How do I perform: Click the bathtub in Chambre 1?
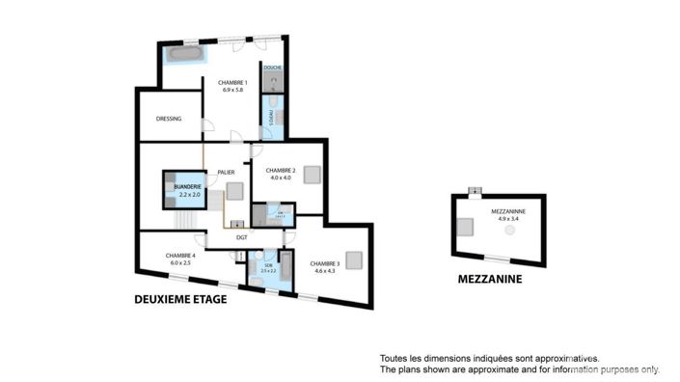pyautogui.click(x=183, y=54)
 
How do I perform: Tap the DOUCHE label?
pyautogui.click(x=272, y=68)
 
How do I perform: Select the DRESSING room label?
pyautogui.click(x=169, y=120)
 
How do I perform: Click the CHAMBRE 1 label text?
pyautogui.click(x=232, y=82)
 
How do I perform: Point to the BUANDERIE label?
pyautogui.click(x=188, y=186)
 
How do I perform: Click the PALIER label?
pyautogui.click(x=227, y=172)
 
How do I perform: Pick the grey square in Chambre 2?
pyautogui.click(x=311, y=175)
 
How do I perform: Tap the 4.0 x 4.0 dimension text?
pyautogui.click(x=281, y=177)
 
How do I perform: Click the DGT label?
pyautogui.click(x=242, y=236)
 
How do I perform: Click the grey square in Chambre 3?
pyautogui.click(x=353, y=259)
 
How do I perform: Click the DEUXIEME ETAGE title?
pyautogui.click(x=180, y=300)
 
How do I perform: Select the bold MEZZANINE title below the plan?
pyautogui.click(x=490, y=280)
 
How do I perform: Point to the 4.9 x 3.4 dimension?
pyautogui.click(x=505, y=219)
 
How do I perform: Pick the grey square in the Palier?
pyautogui.click(x=234, y=190)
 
